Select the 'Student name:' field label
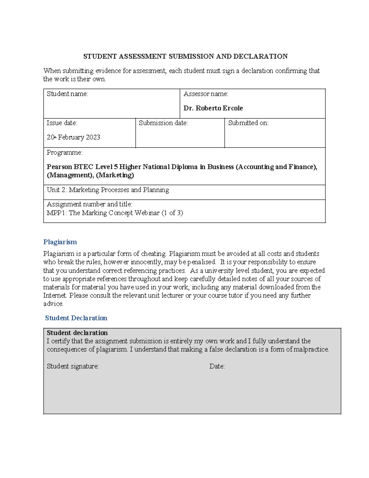coord(67,94)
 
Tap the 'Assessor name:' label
coord(206,94)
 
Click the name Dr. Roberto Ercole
coord(213,108)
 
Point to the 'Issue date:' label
coord(62,123)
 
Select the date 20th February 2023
coord(73,137)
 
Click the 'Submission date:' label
coord(163,123)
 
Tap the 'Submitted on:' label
coord(248,123)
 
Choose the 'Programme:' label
coord(64,153)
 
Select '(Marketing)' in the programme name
coord(115,175)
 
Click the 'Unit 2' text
coord(56,190)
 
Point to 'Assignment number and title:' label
coord(89,204)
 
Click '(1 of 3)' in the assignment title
coord(172,213)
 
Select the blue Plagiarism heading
coord(60,242)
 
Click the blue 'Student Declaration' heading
coord(76,318)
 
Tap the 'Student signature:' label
coord(73,366)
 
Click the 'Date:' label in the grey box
coord(217,366)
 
